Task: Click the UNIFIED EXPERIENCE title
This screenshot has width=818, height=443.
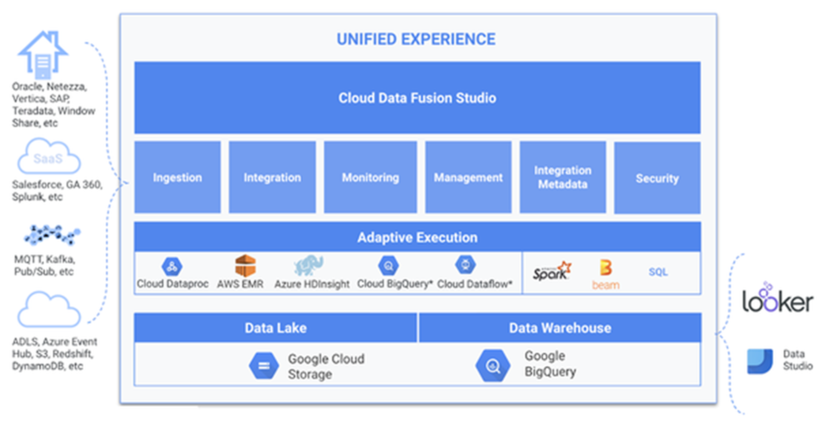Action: pyautogui.click(x=416, y=39)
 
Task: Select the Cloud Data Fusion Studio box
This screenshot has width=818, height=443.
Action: pyautogui.click(x=417, y=98)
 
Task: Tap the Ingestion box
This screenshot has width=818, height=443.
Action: pyautogui.click(x=177, y=177)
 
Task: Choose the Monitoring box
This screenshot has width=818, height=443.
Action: pyautogui.click(x=370, y=177)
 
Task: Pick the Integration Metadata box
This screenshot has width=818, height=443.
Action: pyautogui.click(x=562, y=177)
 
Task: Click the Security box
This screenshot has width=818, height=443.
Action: pyautogui.click(x=657, y=178)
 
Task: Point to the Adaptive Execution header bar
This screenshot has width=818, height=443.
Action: pyautogui.click(x=417, y=237)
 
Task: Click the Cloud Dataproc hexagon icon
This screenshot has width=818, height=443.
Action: pyautogui.click(x=172, y=266)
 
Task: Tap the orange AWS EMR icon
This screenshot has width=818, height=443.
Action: pyautogui.click(x=245, y=266)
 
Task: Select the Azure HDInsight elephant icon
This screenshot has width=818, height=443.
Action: pyautogui.click(x=309, y=265)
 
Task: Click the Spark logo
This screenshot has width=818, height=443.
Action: pyautogui.click(x=552, y=271)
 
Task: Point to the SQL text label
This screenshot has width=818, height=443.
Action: pyautogui.click(x=658, y=272)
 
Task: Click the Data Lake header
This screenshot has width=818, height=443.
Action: pyautogui.click(x=275, y=327)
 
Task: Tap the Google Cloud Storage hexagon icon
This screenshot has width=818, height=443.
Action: pyautogui.click(x=264, y=365)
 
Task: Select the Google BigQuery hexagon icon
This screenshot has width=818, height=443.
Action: pyautogui.click(x=493, y=365)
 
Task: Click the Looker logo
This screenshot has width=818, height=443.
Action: pyautogui.click(x=777, y=298)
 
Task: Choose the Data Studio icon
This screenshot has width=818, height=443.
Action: pyautogui.click(x=760, y=361)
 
